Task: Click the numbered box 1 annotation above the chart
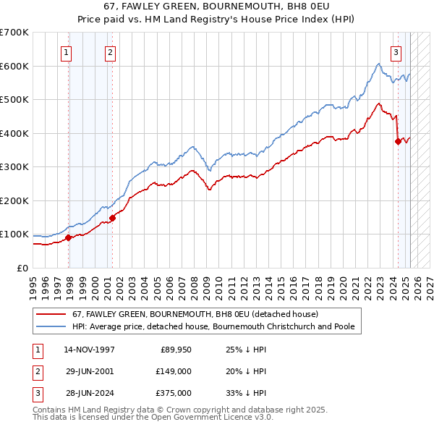tap(66, 52)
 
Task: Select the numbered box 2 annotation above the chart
tap(110, 52)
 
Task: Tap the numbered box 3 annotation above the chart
tap(396, 52)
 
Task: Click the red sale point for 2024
tap(398, 142)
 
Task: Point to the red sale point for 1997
tap(69, 237)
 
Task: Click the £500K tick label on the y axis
tap(14, 99)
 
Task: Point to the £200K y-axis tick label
tap(14, 200)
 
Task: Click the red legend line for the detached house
tap(51, 314)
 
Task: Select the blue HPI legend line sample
tap(51, 326)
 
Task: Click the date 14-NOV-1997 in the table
tap(90, 350)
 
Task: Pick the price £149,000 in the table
tap(174, 371)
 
